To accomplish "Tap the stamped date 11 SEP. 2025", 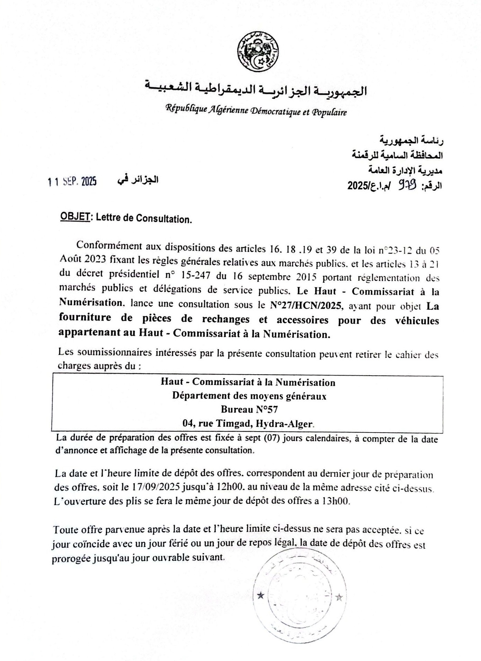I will click(72, 182).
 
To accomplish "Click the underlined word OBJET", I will click(75, 217).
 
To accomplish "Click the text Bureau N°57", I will click(249, 410).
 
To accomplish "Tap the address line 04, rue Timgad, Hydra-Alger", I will click(248, 424).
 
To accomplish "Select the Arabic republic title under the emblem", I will click(256, 91).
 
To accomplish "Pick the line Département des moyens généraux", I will click(249, 396).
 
